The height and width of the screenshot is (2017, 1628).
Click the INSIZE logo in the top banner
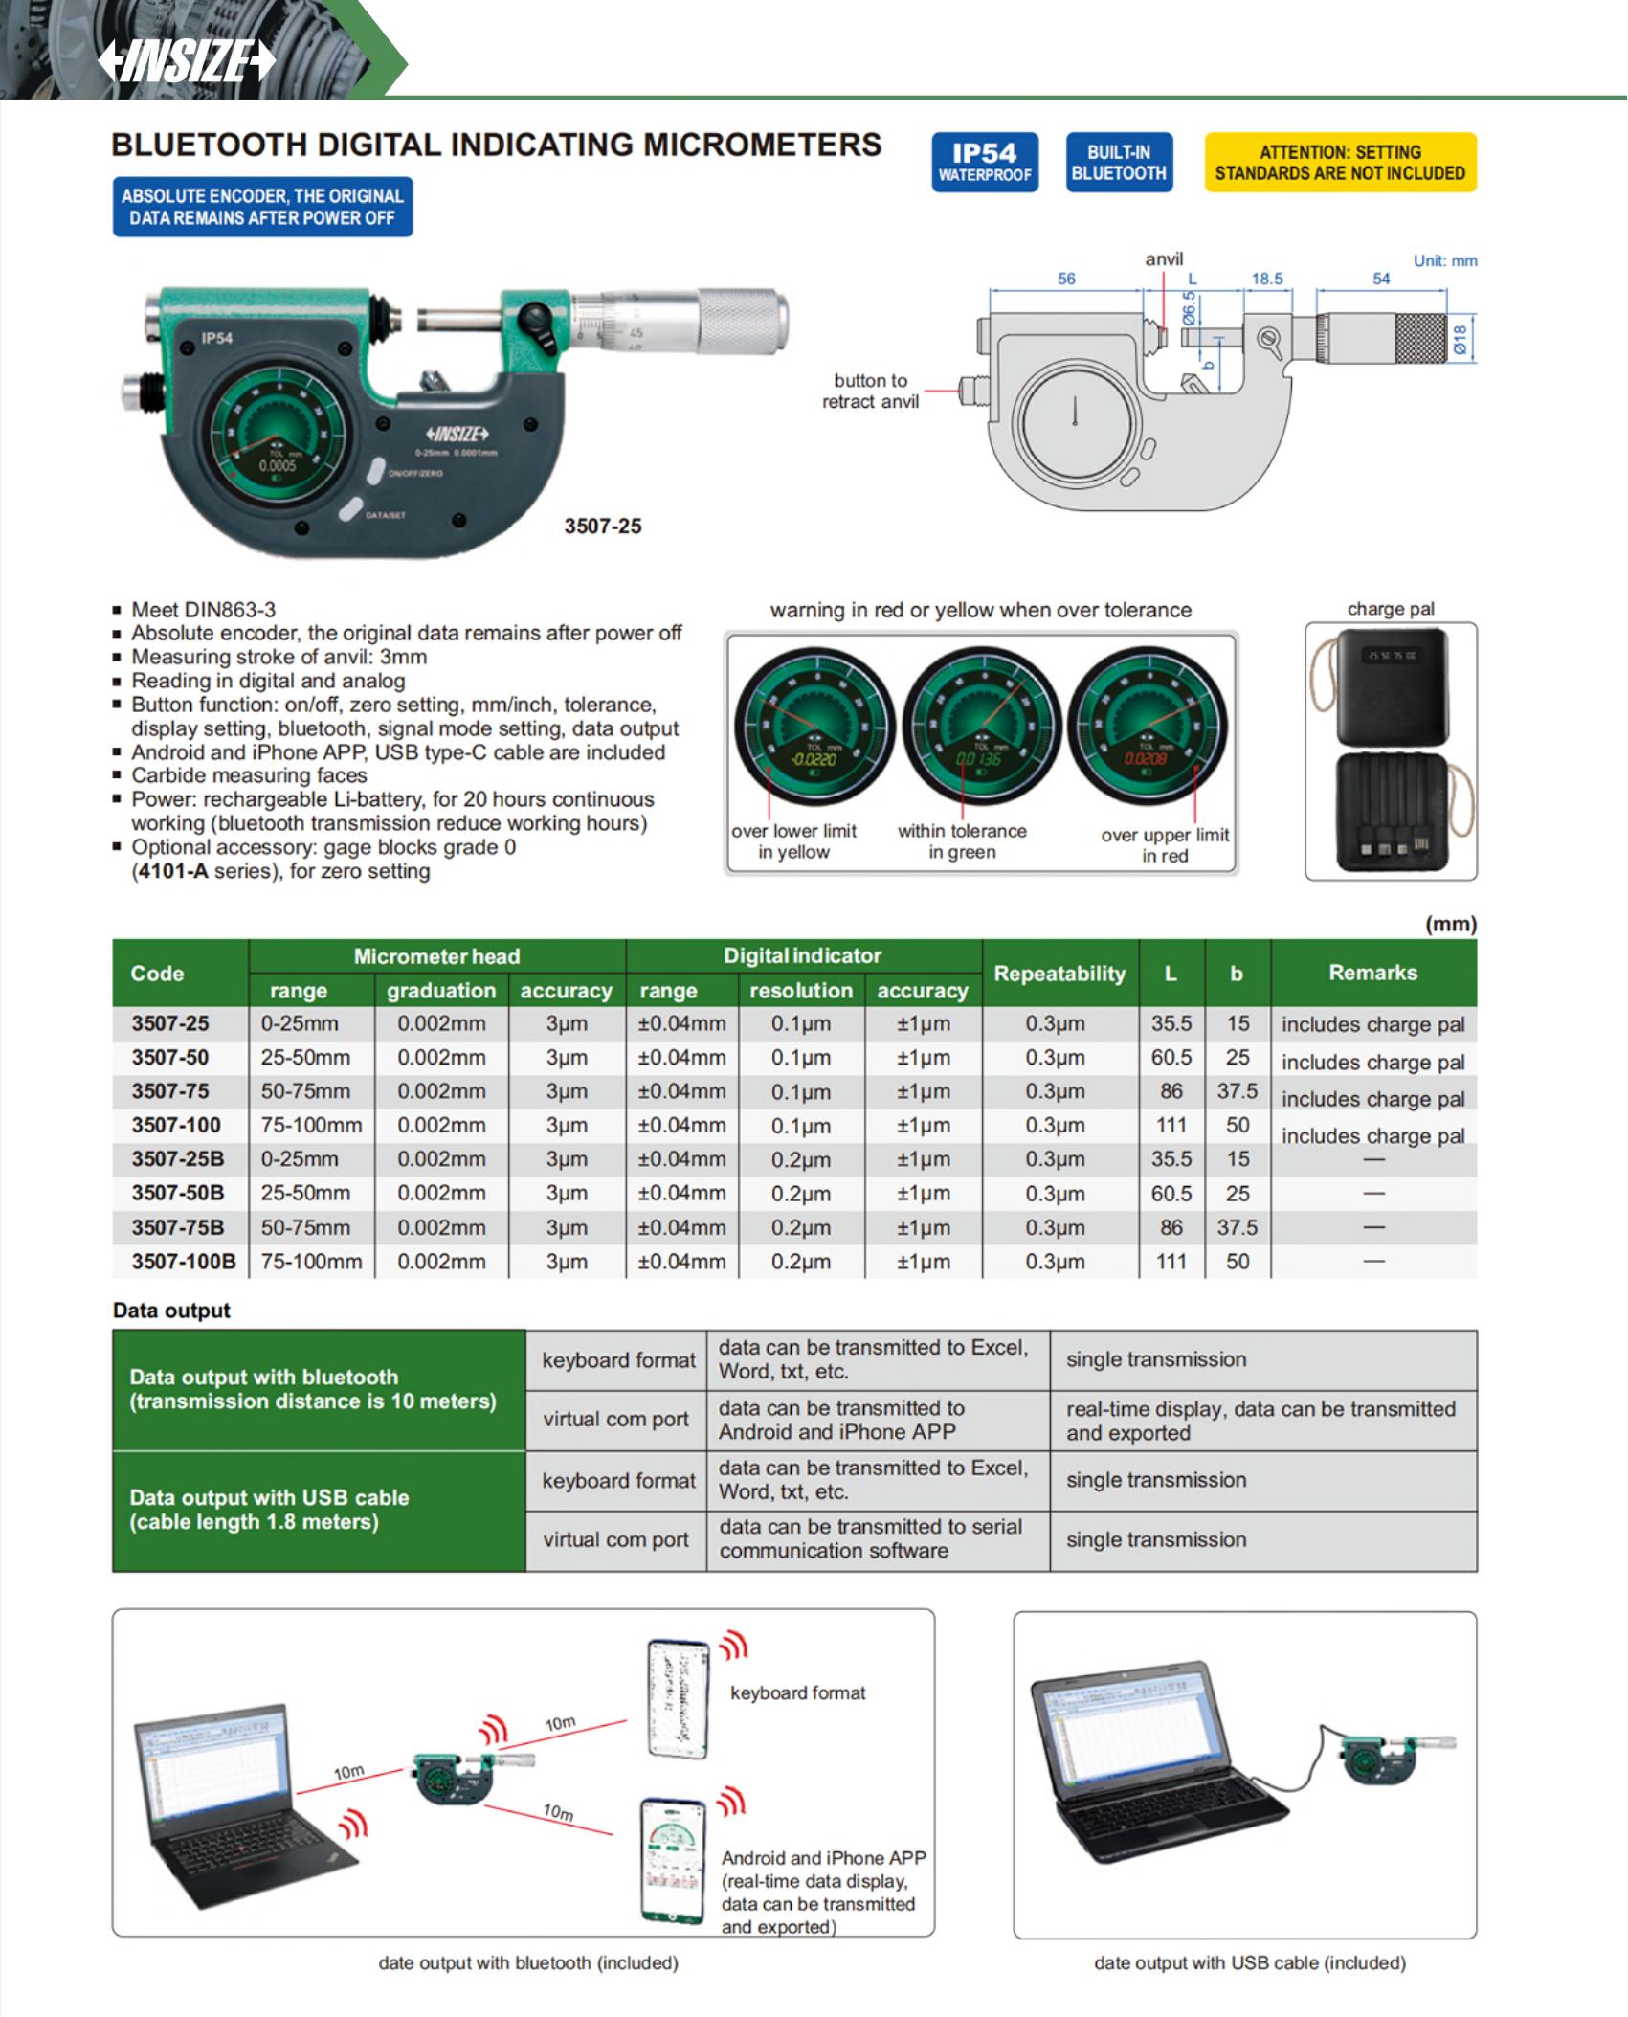click(x=187, y=61)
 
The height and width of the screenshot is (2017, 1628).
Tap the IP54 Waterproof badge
click(x=985, y=162)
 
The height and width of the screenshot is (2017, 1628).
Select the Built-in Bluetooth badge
click(x=1119, y=162)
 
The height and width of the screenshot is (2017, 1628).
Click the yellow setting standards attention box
click(x=1340, y=162)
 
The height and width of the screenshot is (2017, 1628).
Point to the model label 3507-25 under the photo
click(x=603, y=526)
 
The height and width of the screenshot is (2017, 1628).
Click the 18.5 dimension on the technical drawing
click(x=1267, y=279)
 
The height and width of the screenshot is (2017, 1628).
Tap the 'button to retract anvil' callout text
click(x=870, y=391)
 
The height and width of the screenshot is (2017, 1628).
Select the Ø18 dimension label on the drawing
click(x=1460, y=340)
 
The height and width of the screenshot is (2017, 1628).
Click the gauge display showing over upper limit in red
click(x=1147, y=728)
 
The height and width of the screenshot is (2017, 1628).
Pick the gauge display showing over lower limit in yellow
click(x=814, y=728)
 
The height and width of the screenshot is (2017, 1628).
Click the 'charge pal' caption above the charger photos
click(x=1391, y=609)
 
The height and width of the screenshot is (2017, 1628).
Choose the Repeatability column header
click(x=1059, y=974)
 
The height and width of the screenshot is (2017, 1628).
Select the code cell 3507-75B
click(x=178, y=1227)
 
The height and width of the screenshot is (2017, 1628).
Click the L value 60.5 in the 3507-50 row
click(x=1171, y=1058)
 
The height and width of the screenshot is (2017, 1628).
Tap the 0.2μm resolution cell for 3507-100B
click(x=801, y=1262)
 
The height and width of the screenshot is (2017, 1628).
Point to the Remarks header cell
click(x=1372, y=973)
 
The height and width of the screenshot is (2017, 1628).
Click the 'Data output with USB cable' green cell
click(x=318, y=1510)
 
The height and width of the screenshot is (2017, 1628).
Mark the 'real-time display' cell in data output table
click(x=1261, y=1421)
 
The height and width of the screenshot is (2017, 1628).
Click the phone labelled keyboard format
click(x=679, y=1698)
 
